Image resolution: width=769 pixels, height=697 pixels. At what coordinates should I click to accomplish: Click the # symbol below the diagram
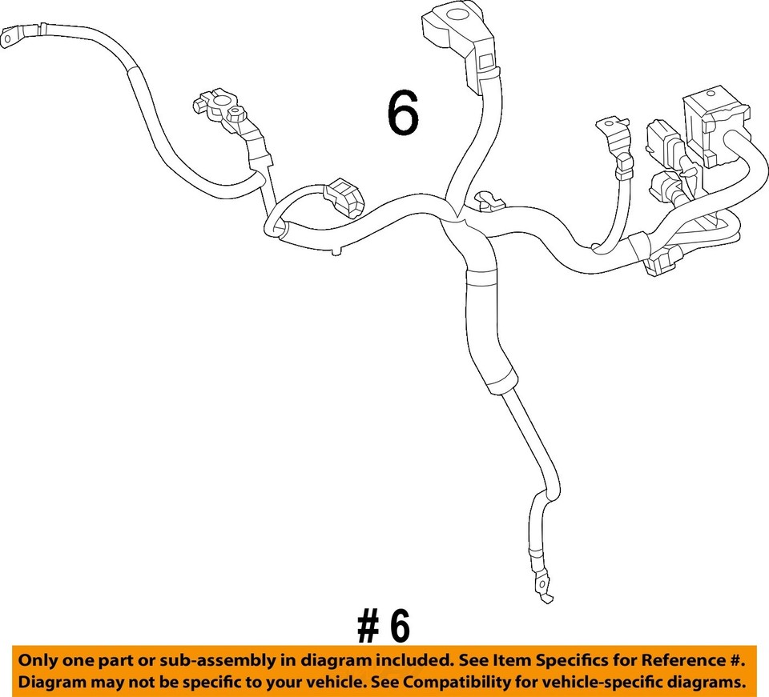[x=368, y=627]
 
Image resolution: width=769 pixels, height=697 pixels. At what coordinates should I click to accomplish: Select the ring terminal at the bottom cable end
[x=545, y=595]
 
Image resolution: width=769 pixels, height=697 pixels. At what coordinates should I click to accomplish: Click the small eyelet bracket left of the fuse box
[x=608, y=129]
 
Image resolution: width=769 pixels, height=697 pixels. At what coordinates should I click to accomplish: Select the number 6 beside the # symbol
[x=398, y=627]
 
